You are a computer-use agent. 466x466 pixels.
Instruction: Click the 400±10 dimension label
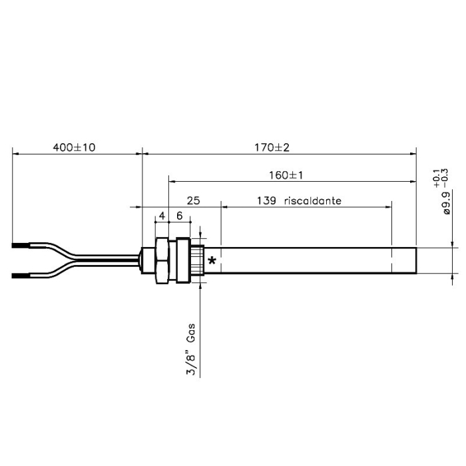pos(75,147)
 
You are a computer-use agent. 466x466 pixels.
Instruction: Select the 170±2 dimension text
pos(276,147)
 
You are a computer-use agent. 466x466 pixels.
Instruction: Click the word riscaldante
pos(312,200)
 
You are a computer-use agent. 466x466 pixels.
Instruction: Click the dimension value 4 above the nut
pos(162,217)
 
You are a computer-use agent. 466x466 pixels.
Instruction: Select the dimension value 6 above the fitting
pos(179,217)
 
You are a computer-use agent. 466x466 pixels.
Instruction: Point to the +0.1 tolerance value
pos(436,176)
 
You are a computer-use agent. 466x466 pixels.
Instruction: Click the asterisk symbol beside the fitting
pos(212,261)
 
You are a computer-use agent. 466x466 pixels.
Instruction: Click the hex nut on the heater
pos(162,260)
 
